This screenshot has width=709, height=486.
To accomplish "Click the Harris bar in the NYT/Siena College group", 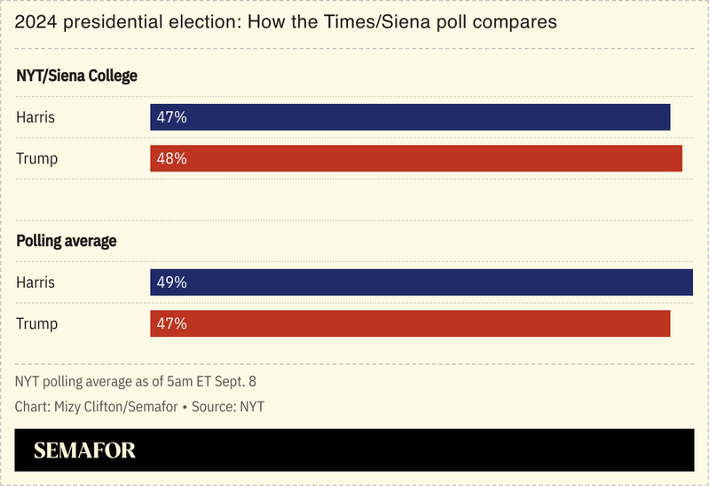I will [410, 117].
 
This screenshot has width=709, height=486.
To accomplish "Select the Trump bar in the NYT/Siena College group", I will [416, 158].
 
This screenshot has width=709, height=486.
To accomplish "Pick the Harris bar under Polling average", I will [421, 283].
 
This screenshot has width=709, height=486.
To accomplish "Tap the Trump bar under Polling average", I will [410, 323].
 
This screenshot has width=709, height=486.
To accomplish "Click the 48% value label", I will [171, 158].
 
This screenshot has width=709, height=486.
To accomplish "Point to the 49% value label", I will [171, 283].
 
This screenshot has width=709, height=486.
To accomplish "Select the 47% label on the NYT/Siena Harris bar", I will [171, 117].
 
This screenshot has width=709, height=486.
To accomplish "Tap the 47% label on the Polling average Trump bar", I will [171, 323].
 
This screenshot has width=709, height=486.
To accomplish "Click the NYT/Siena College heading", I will [77, 76].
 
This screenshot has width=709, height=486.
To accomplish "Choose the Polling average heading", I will [67, 241].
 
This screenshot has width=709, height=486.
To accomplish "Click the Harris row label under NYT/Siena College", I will [35, 117].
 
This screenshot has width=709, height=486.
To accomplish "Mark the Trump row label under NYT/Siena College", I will [36, 158].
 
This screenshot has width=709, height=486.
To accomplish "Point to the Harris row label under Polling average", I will [35, 283].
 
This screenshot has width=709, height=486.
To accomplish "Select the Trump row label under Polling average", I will [36, 323].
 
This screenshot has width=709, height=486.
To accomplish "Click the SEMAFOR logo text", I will [84, 450].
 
